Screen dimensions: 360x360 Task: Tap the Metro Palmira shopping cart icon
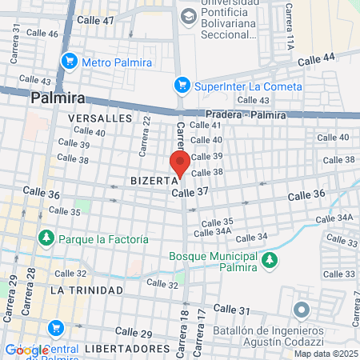click(x=70, y=60)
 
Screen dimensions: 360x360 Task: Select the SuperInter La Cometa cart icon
click(x=182, y=85)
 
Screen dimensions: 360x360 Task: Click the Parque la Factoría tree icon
click(x=46, y=238)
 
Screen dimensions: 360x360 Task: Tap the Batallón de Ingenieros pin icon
click(x=302, y=310)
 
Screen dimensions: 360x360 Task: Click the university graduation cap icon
click(x=189, y=15)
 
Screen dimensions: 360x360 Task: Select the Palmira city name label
click(x=58, y=98)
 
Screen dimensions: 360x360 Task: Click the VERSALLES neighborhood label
click(x=99, y=118)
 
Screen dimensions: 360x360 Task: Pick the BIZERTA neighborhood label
click(x=153, y=181)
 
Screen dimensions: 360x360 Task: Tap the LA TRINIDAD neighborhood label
click(x=86, y=290)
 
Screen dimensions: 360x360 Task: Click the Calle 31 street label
click(x=232, y=310)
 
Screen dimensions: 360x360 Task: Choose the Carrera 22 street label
click(x=145, y=134)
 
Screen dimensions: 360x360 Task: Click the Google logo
click(x=26, y=350)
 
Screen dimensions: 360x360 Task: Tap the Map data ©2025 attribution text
click(x=325, y=354)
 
